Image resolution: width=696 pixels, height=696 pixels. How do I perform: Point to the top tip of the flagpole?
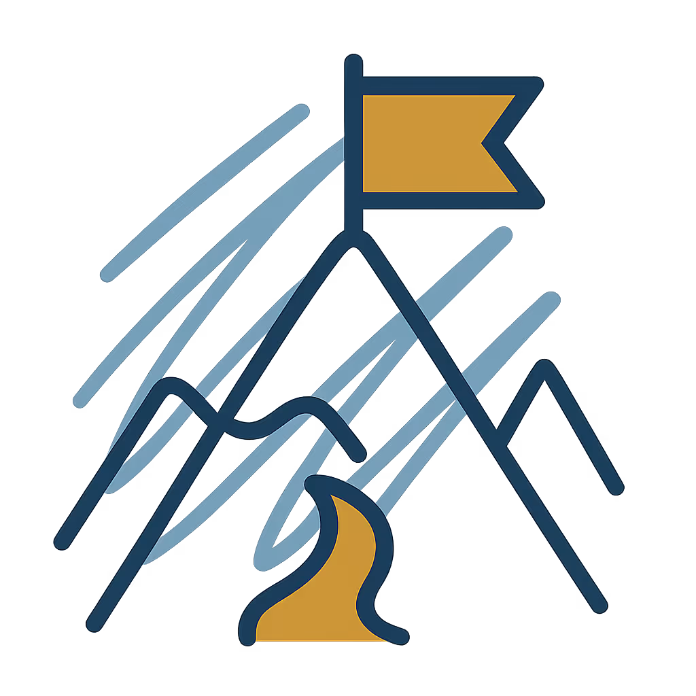point(353,63)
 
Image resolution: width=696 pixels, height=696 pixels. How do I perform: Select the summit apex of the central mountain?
point(353,240)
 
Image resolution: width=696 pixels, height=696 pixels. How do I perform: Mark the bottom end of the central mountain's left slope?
point(96,621)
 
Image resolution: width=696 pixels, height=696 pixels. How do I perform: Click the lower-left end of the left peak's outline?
point(63,541)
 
